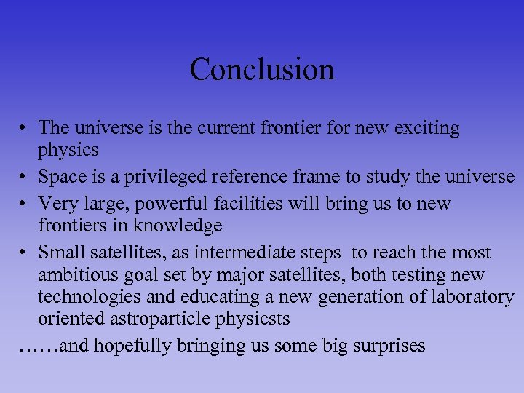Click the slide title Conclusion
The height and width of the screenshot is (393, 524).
click(x=262, y=70)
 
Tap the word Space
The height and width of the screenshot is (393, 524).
click(x=62, y=177)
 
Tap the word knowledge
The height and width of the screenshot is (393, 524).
click(x=178, y=226)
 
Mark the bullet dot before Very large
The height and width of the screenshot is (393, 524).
click(x=24, y=203)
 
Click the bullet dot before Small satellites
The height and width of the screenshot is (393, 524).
click(x=24, y=253)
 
